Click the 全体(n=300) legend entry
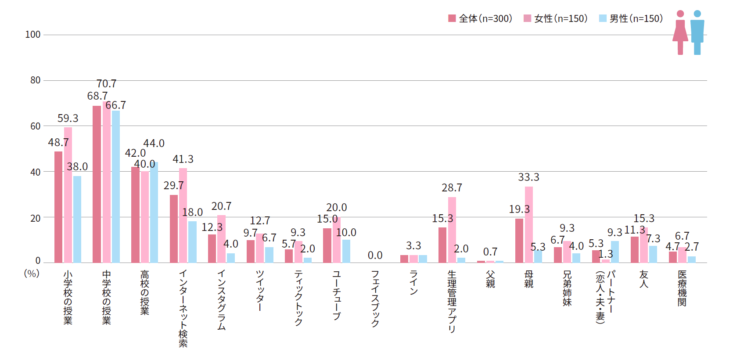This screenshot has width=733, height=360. click(x=480, y=18)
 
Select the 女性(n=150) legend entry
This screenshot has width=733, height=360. click(x=556, y=18)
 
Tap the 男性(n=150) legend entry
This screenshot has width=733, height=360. click(x=631, y=18)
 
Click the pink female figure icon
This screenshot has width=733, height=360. click(x=680, y=33)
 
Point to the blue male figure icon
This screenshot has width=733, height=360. click(x=697, y=33)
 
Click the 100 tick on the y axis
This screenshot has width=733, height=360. click(x=32, y=35)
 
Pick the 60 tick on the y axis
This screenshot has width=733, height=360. click(x=35, y=126)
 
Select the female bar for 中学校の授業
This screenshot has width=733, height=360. click(x=106, y=182)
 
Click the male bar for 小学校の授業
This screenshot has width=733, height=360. click(x=77, y=220)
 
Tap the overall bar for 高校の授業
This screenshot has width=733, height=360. click(x=135, y=215)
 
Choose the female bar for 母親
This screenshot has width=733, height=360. click(x=529, y=225)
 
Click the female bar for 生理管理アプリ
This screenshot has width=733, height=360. click(x=452, y=230)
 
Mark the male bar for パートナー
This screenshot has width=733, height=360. click(x=615, y=252)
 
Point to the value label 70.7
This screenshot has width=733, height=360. click(x=106, y=84)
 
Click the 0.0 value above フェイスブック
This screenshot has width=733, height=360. click(x=375, y=256)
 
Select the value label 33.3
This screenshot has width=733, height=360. click(x=528, y=177)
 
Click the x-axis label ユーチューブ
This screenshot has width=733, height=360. click(x=337, y=295)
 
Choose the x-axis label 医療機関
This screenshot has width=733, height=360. click(x=682, y=288)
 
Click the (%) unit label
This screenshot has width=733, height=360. click(x=32, y=274)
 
